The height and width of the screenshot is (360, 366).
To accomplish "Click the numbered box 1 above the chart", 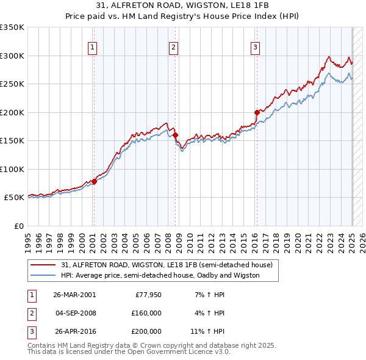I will point(92,48).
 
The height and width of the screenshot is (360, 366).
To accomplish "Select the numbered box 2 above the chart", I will point(173,48).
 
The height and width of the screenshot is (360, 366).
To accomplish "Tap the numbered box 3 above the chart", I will point(255,48).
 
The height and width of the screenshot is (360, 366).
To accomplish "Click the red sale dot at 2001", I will point(94,181).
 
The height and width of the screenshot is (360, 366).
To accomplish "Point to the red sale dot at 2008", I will point(175,135).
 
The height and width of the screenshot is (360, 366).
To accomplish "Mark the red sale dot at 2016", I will point(257,112).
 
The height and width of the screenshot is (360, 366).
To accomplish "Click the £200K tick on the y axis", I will point(13,112).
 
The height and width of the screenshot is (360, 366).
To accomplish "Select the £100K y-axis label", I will point(13,169).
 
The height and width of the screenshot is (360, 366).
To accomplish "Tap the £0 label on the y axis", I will point(18,226).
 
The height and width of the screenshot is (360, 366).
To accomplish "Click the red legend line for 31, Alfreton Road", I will point(44,265).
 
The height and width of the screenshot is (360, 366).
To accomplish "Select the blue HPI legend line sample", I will point(44,275).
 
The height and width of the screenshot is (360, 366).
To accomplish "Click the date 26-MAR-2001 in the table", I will point(74,294).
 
